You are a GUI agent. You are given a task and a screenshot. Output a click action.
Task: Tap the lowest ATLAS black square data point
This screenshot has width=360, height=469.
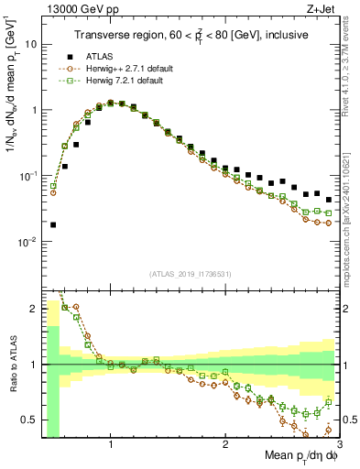53,224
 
